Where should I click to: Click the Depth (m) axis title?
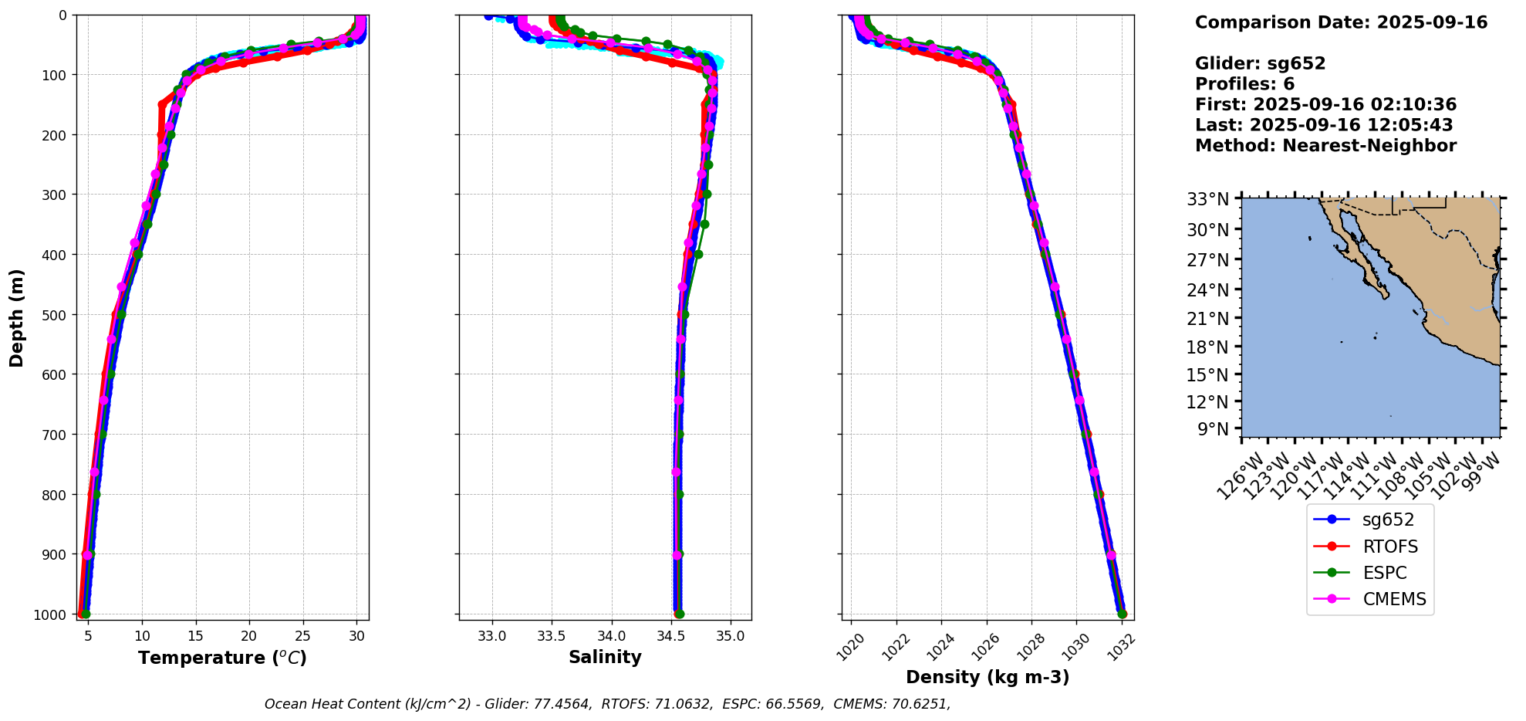point(17,317)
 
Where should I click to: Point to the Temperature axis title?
point(222,658)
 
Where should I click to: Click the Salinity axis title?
point(605,657)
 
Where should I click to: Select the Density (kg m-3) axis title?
point(988,677)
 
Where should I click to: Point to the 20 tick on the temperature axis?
point(249,636)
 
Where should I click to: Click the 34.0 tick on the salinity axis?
point(611,636)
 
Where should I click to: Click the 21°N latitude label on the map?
point(1207,318)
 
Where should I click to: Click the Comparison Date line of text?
point(1341,22)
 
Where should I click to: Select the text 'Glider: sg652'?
point(1260,63)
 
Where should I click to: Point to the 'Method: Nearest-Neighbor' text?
point(1325,145)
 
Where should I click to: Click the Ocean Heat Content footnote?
point(607,704)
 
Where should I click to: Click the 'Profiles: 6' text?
point(1244,84)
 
